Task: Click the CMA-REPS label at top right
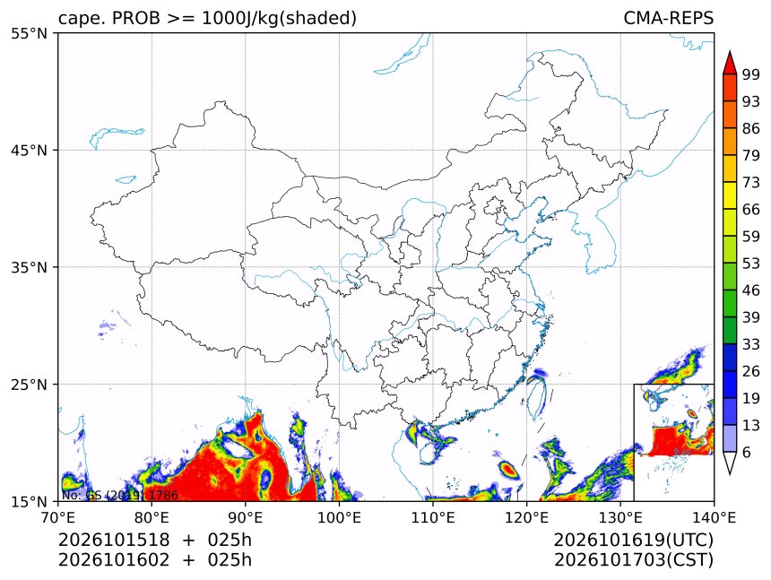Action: pos(668,18)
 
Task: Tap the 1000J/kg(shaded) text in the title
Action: pos(279,19)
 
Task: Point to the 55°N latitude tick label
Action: pos(29,33)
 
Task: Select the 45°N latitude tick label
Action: pos(29,150)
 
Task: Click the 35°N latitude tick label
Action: pos(29,267)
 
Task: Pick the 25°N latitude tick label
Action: pos(29,384)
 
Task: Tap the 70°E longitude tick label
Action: pos(58,517)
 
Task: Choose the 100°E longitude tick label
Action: pos(339,517)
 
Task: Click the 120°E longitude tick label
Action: pos(526,517)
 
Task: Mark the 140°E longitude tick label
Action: pos(714,517)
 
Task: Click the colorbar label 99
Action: pos(751,74)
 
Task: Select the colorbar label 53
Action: pos(751,264)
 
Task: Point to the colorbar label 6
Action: pos(747,452)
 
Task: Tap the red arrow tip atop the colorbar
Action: pos(730,51)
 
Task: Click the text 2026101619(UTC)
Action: pos(633,541)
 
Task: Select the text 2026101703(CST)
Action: pos(633,560)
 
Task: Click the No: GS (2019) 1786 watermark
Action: pos(119,495)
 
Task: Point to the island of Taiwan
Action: pos(536,394)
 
